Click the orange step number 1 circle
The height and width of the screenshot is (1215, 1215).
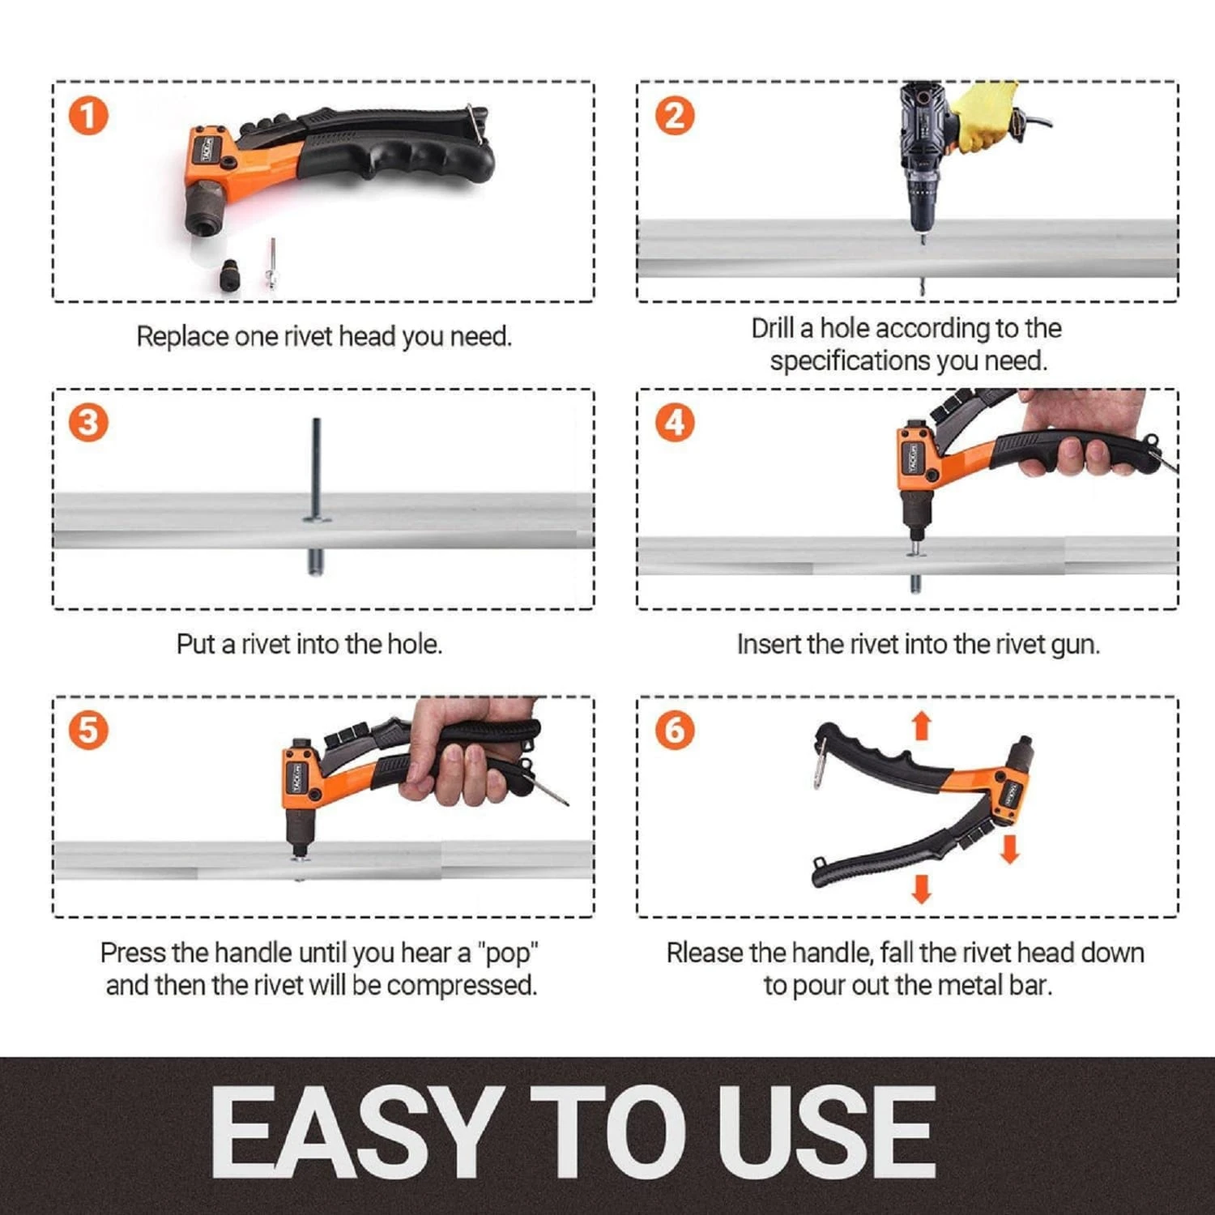coord(88,116)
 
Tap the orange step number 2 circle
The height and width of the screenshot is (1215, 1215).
coord(674,116)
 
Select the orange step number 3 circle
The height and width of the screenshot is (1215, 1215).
coord(88,423)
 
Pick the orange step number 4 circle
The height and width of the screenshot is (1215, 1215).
coord(674,423)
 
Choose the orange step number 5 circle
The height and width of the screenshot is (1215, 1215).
coord(88,730)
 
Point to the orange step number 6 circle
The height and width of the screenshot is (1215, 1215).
coord(674,730)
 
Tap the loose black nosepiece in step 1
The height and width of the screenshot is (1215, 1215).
coord(229,276)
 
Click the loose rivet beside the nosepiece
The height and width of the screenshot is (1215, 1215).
coord(272,263)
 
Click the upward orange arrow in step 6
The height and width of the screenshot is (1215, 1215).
coord(921,726)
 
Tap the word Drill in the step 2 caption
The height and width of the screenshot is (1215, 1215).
coord(772,328)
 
